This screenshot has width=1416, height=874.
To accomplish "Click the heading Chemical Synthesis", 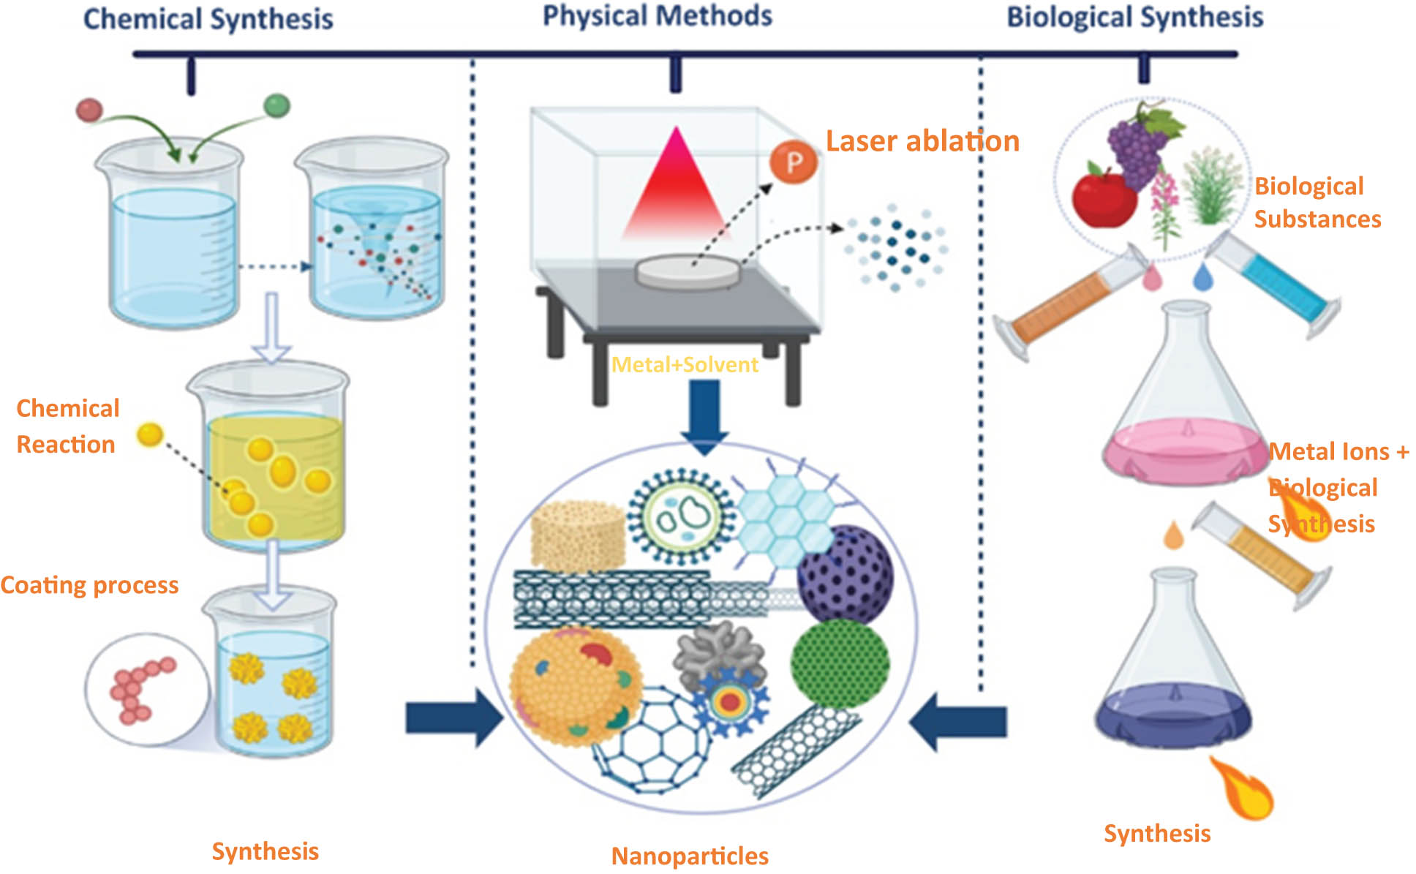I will click(x=208, y=19).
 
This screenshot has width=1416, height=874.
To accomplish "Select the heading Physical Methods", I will click(x=657, y=16).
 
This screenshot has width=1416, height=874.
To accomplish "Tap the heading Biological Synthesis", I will click(x=1134, y=17).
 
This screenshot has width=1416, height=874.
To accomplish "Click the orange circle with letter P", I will click(x=794, y=162).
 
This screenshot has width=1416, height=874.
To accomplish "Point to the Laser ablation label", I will click(x=922, y=141).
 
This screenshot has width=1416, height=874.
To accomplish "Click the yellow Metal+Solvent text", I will click(x=685, y=364).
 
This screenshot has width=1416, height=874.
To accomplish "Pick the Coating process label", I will click(x=89, y=585).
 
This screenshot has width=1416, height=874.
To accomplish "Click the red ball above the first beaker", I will click(x=89, y=110).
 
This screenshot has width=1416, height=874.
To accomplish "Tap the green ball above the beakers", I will click(x=276, y=105).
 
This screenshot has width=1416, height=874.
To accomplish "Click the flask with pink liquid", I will click(x=1185, y=410).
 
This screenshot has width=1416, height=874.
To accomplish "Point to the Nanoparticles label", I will click(x=690, y=856).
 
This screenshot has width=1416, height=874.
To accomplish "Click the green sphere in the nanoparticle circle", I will click(x=840, y=663).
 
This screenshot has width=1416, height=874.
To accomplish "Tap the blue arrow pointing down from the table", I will click(x=704, y=417).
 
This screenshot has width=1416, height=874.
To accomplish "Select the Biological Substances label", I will click(x=1317, y=203).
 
